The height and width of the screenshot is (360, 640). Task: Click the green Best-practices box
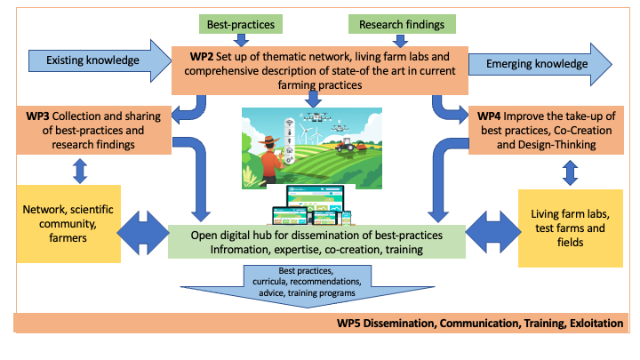coord(240,23)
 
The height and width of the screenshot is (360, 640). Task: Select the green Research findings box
coord(402,23)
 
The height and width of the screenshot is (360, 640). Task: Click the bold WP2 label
coord(200,54)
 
